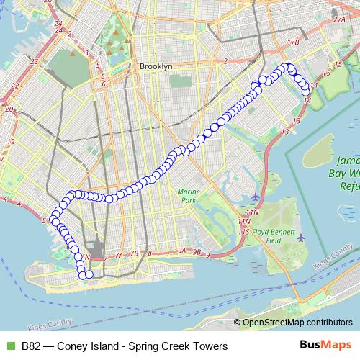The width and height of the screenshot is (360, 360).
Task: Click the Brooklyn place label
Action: click(x=156, y=66)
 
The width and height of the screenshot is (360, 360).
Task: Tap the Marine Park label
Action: click(x=187, y=196)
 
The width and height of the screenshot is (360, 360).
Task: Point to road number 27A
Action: click(x=340, y=20)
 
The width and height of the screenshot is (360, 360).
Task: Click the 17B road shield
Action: click(x=292, y=43)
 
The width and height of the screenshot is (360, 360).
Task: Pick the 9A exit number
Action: click(x=183, y=251)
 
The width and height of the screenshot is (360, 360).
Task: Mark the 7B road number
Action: click(x=134, y=254)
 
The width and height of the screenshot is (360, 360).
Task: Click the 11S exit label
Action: click(x=245, y=232)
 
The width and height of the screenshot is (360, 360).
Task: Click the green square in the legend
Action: click(x=9, y=346)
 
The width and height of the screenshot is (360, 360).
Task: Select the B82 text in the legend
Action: click(x=31, y=346)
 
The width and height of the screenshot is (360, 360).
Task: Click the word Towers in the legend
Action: click(x=208, y=346)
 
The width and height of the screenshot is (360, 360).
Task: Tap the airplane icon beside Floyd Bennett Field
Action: click(x=300, y=237)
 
